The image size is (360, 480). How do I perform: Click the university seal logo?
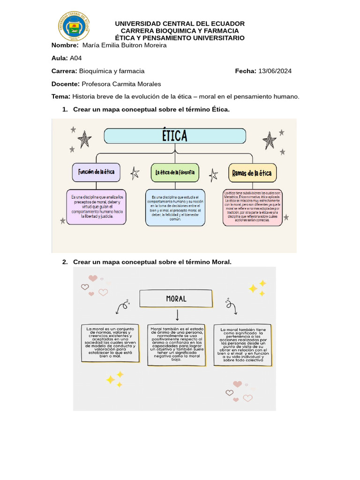coord(74,26)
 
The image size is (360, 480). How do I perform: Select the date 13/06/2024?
coord(275,71)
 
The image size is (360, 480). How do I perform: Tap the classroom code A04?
coord(75,58)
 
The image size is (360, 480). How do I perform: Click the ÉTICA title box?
coord(175,136)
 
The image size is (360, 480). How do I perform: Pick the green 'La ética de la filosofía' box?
coord(175,173)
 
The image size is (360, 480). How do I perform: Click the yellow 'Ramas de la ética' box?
coord(252,173)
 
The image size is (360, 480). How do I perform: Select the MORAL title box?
coord(176,299)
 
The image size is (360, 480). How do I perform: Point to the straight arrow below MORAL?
coord(177,315)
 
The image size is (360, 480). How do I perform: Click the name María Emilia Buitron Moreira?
coord(124,45)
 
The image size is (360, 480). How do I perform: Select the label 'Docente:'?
coord(65,84)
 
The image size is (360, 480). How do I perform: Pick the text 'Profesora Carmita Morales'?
coord(121,84)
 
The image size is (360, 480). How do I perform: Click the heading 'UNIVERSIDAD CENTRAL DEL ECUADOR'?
coord(180,23)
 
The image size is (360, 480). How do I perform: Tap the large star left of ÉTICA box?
coord(84,139)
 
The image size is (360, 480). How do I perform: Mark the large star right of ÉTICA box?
coord(270,140)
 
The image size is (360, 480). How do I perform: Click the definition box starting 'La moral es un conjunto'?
coord(110,343)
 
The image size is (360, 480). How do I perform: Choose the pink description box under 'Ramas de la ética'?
coord(253,208)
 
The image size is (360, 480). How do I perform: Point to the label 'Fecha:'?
coord(246,71)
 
